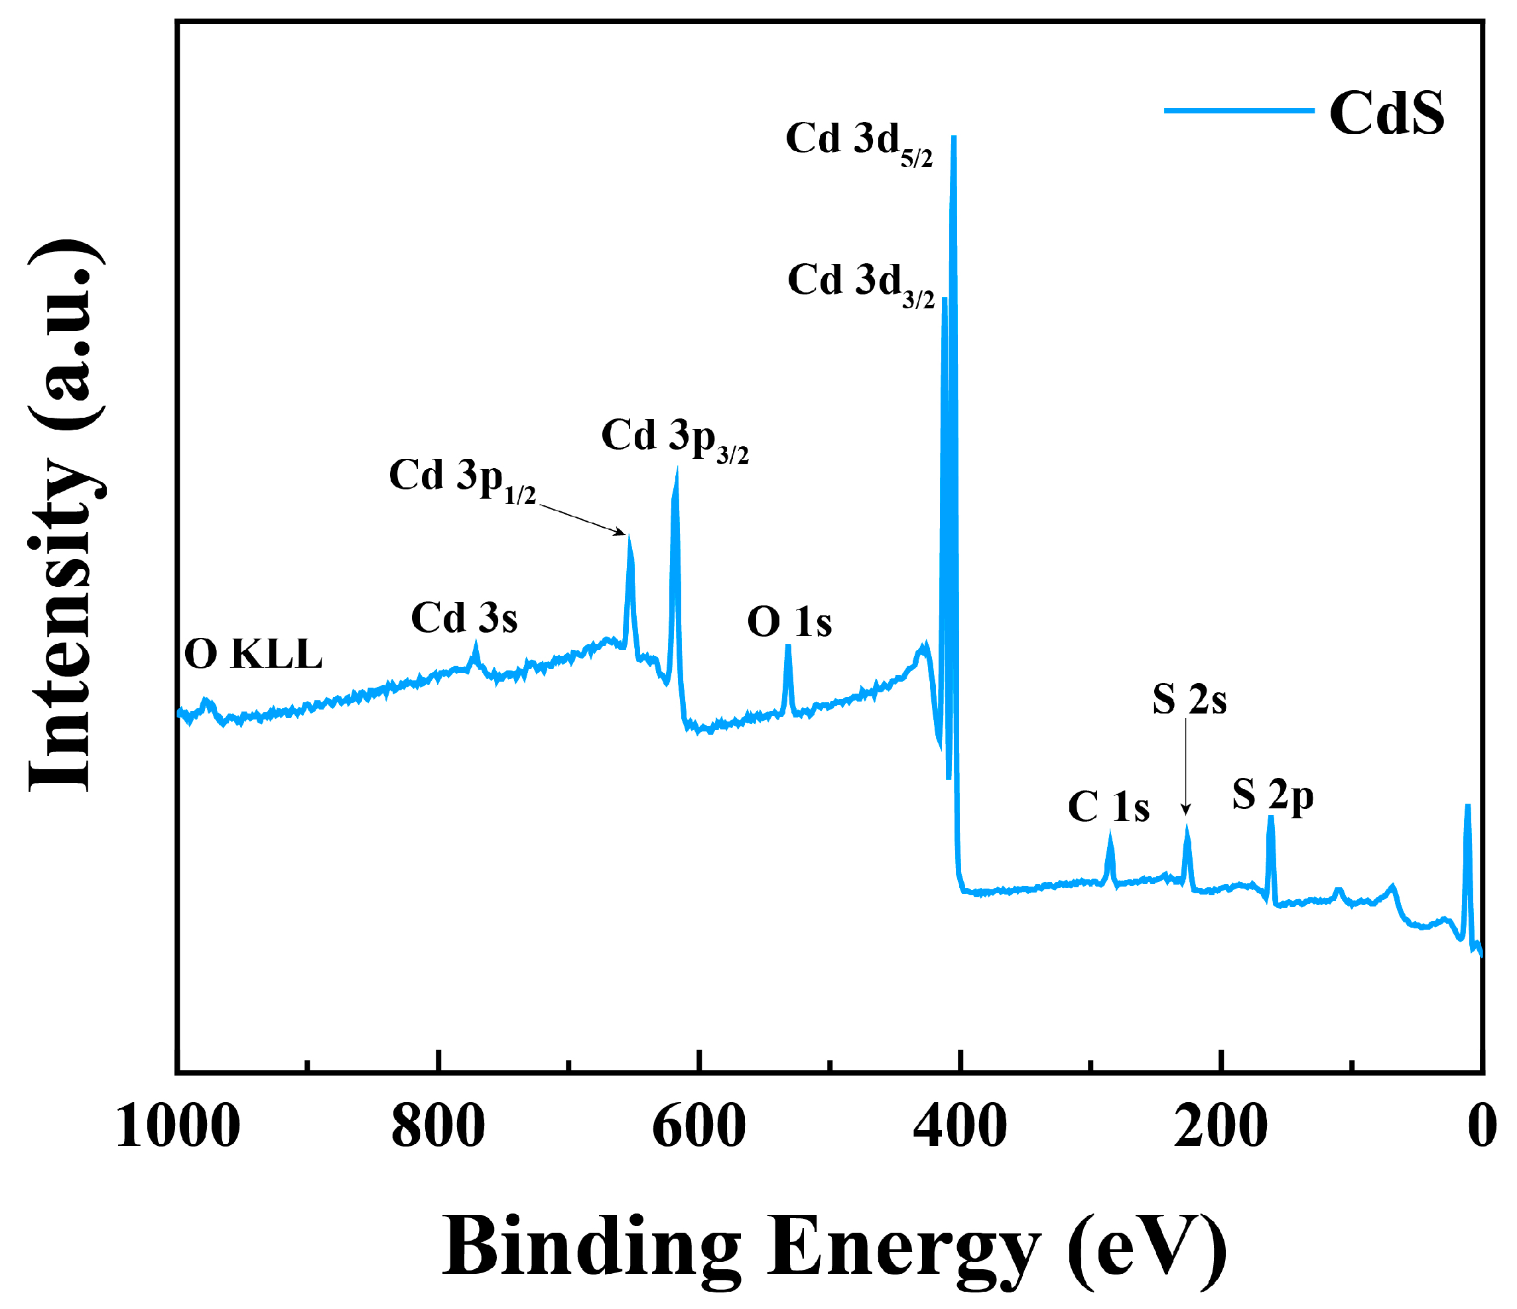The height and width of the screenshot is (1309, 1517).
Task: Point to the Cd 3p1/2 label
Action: click(462, 480)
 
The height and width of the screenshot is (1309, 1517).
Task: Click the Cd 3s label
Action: click(464, 619)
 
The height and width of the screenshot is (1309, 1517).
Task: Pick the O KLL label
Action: click(253, 654)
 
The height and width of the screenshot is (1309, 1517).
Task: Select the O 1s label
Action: click(789, 623)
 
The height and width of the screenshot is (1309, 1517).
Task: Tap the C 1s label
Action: click(1108, 808)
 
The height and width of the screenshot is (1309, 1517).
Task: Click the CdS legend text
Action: click(1386, 113)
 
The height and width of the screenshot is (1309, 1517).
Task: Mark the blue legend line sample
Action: click(1239, 111)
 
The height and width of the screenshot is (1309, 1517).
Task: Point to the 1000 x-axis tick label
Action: click(178, 1127)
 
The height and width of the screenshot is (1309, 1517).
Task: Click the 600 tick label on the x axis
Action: click(699, 1127)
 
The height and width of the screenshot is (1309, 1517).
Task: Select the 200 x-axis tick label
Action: click(1220, 1127)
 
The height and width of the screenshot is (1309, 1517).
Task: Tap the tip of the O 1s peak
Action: click(788, 647)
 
